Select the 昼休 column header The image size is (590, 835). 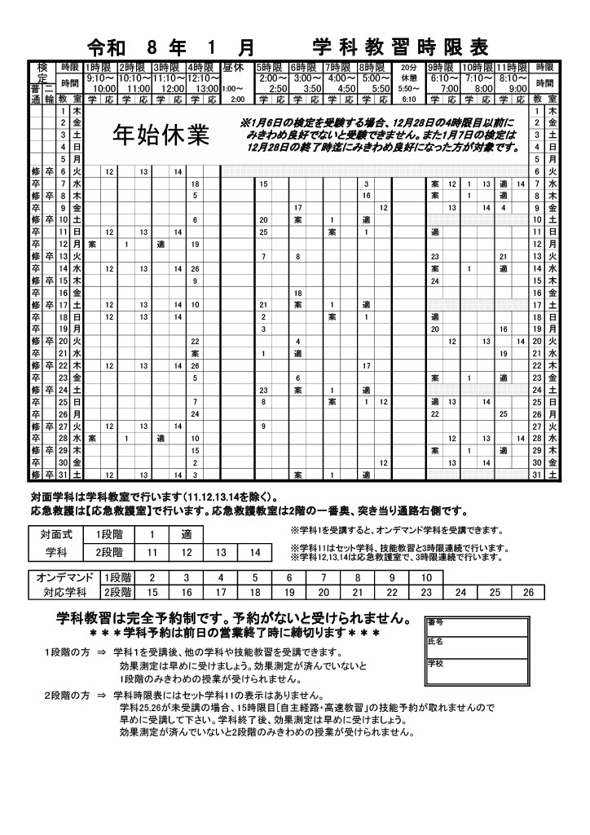pos(233,67)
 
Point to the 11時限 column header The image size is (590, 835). pos(512,67)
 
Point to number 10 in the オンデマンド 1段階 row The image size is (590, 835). pos(425,577)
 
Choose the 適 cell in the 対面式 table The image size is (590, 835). pos(186,536)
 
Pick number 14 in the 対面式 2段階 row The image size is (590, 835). pos(254,552)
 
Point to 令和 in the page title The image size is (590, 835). pos(105,45)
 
